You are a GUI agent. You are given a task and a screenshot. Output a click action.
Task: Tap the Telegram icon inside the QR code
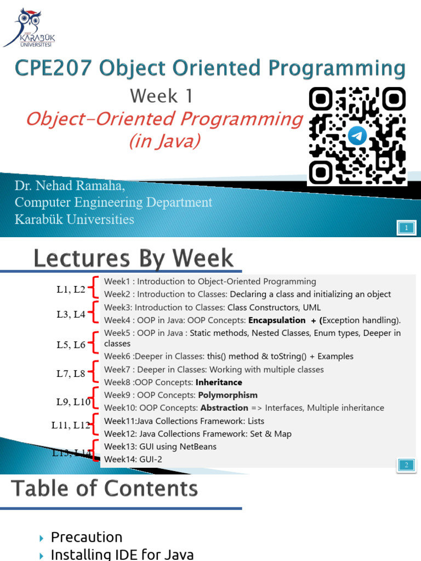pos(357,135)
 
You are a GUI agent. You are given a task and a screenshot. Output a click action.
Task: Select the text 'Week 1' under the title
pos(162,96)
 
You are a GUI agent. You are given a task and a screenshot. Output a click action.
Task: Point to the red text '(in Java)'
pos(164,141)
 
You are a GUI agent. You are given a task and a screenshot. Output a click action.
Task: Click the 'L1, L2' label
pos(71,290)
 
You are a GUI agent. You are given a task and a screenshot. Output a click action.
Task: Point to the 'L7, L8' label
pos(71,374)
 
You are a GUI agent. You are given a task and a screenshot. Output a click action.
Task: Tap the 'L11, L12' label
pos(71,425)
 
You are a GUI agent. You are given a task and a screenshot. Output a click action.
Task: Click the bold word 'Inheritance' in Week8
pos(220,382)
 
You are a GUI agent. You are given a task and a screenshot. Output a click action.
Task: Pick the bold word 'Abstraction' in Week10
pos(224,408)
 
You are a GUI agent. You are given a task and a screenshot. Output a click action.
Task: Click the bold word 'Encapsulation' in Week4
pos(277,320)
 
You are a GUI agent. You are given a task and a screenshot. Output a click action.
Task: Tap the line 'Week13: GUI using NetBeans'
pos(160,446)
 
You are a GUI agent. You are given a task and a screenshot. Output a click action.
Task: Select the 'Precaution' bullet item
pos(87,537)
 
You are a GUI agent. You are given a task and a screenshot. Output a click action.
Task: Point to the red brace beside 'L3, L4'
pos(96,314)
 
